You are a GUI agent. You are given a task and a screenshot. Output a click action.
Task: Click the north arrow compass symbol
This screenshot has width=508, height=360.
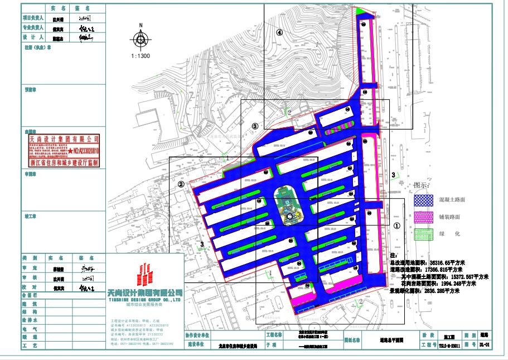tap(141, 39)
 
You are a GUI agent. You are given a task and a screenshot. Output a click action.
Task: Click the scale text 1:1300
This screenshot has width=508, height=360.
tap(141, 56)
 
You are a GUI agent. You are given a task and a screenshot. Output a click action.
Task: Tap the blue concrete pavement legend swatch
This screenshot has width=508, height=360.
tap(423, 198)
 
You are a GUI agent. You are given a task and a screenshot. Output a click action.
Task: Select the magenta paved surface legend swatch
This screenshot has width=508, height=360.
tap(423, 217)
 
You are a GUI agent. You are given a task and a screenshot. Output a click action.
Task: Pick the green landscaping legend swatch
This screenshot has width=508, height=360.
tap(423, 233)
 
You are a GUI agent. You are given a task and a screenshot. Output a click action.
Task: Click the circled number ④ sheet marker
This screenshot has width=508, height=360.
tap(280, 32)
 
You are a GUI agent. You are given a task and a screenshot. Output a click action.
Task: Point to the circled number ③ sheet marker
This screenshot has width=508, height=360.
tap(255, 127)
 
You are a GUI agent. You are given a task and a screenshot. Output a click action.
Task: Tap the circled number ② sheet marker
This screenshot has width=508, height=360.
tap(181, 183)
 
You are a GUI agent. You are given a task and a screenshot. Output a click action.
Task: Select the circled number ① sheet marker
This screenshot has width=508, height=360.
tap(396, 226)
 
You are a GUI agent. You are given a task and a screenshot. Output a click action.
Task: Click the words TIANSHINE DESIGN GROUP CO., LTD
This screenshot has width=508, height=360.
tap(144, 299)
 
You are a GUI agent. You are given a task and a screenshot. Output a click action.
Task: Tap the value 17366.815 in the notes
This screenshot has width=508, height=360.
tap(436, 269)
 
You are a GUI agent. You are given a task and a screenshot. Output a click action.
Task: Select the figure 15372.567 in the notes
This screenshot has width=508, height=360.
tap(457, 276)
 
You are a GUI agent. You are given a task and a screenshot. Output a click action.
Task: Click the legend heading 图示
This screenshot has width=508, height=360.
tap(422, 185)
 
